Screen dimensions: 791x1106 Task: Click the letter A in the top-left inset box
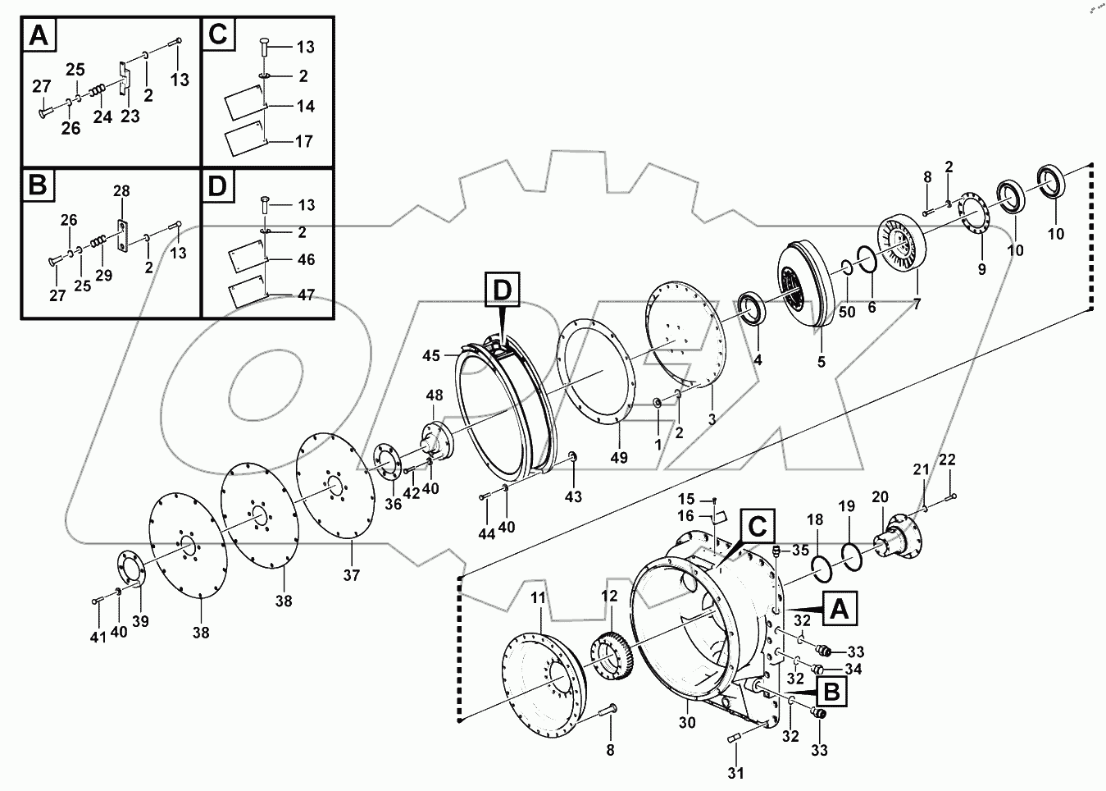[39, 36]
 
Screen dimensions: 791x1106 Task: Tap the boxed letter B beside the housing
[831, 692]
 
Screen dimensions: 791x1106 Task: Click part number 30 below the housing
[686, 722]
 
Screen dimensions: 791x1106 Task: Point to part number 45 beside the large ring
[432, 355]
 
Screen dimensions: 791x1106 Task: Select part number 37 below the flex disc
[351, 575]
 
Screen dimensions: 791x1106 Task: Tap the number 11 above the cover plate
[537, 598]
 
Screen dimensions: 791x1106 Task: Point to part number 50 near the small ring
[847, 313]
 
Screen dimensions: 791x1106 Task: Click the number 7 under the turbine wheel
[917, 304]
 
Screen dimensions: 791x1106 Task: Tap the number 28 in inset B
[121, 191]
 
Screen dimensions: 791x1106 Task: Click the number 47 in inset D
[305, 295]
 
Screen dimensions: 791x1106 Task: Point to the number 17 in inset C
[303, 141]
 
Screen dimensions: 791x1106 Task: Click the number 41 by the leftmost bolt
[98, 638]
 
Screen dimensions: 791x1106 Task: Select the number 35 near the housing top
[800, 550]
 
